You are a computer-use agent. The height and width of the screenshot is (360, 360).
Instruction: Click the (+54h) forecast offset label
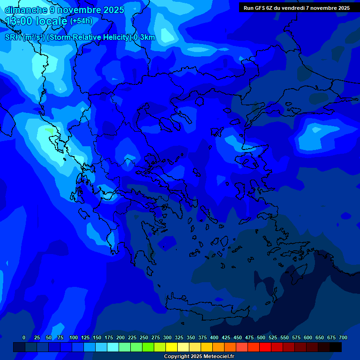81,21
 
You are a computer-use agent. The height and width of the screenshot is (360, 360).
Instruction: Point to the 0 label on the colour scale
24,337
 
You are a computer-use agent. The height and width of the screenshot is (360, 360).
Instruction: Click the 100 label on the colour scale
74,337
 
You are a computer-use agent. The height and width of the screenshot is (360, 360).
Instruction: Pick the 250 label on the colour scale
144,337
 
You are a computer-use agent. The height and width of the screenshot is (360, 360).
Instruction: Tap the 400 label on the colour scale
214,337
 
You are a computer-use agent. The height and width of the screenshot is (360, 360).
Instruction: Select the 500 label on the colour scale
261,337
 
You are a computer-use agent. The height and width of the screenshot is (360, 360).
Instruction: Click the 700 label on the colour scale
343,337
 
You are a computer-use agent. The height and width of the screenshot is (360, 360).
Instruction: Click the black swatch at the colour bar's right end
336,347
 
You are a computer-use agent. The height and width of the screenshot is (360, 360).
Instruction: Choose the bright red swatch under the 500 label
265,347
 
